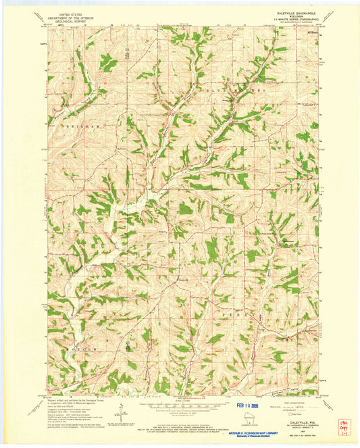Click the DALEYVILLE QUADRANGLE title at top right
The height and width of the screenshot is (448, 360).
coord(294,12)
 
